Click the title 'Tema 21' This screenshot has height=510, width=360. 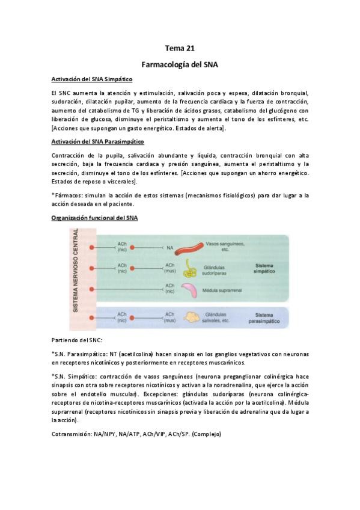pyautogui.click(x=180, y=48)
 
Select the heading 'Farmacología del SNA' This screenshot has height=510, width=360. pyautogui.click(x=180, y=63)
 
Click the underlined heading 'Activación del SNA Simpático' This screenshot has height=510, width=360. pyautogui.click(x=92, y=79)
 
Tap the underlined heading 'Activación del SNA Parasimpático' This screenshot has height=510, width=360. pyautogui.click(x=98, y=141)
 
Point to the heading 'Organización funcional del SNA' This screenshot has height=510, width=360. pyautogui.click(x=94, y=218)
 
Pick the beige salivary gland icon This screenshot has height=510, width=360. pyautogui.click(x=192, y=316)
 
